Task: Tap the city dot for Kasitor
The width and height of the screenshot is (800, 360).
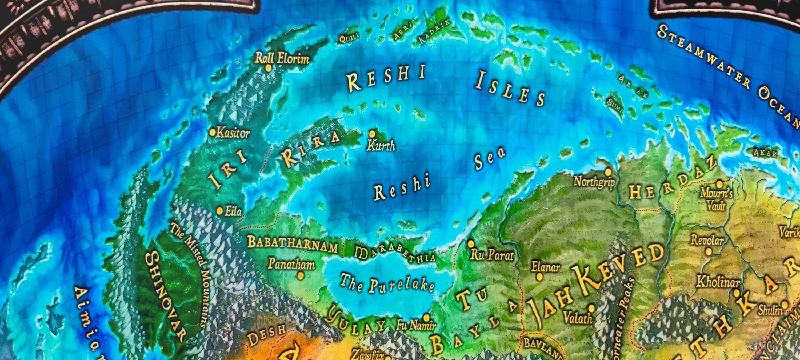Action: [x=213, y=133]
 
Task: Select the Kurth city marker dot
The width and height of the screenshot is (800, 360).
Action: [x=372, y=134]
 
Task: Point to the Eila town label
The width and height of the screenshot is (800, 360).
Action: [x=233, y=211]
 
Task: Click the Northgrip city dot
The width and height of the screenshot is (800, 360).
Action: [x=608, y=171]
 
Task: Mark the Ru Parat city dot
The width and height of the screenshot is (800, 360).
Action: [x=471, y=243]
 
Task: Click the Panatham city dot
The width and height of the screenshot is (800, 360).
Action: [x=300, y=275]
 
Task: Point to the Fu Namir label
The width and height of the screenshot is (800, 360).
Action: [x=415, y=325]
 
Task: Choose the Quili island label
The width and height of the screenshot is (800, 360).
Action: [x=349, y=38]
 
